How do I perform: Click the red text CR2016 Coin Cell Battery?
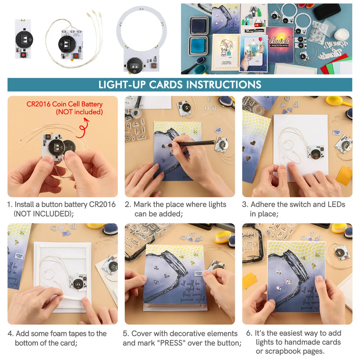click(64, 104)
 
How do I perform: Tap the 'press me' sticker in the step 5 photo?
click(199, 274)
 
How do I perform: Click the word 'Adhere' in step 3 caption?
click(263, 204)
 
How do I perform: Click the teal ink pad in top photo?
click(198, 46)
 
